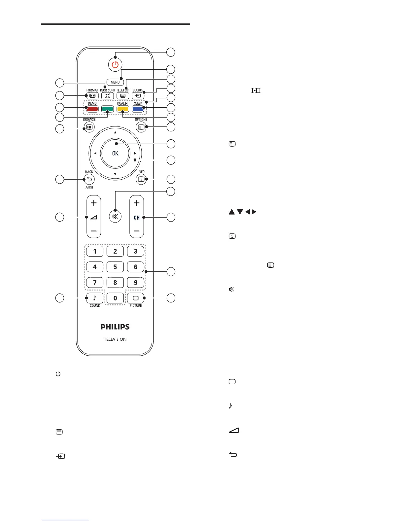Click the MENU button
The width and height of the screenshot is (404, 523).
pos(115,82)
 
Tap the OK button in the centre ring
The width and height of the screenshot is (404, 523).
pos(115,153)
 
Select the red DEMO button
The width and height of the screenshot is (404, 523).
pos(92,109)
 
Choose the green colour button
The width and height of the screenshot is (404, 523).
pos(107,109)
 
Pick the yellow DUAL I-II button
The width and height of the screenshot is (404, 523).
pos(123,109)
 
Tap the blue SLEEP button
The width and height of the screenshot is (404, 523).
pos(138,109)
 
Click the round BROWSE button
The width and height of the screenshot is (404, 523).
pos(89,127)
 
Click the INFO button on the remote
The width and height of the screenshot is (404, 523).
pos(141,179)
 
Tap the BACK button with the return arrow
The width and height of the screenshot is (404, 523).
pos(89,179)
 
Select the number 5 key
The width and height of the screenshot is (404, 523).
pos(115,267)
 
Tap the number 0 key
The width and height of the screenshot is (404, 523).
pos(115,298)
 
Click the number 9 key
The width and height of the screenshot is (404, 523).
pos(136,283)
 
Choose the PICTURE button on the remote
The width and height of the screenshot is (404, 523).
pos(136,298)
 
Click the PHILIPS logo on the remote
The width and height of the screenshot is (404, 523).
pos(115,327)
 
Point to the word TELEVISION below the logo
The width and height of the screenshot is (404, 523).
pos(115,339)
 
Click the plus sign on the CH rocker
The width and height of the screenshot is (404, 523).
pos(137,203)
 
